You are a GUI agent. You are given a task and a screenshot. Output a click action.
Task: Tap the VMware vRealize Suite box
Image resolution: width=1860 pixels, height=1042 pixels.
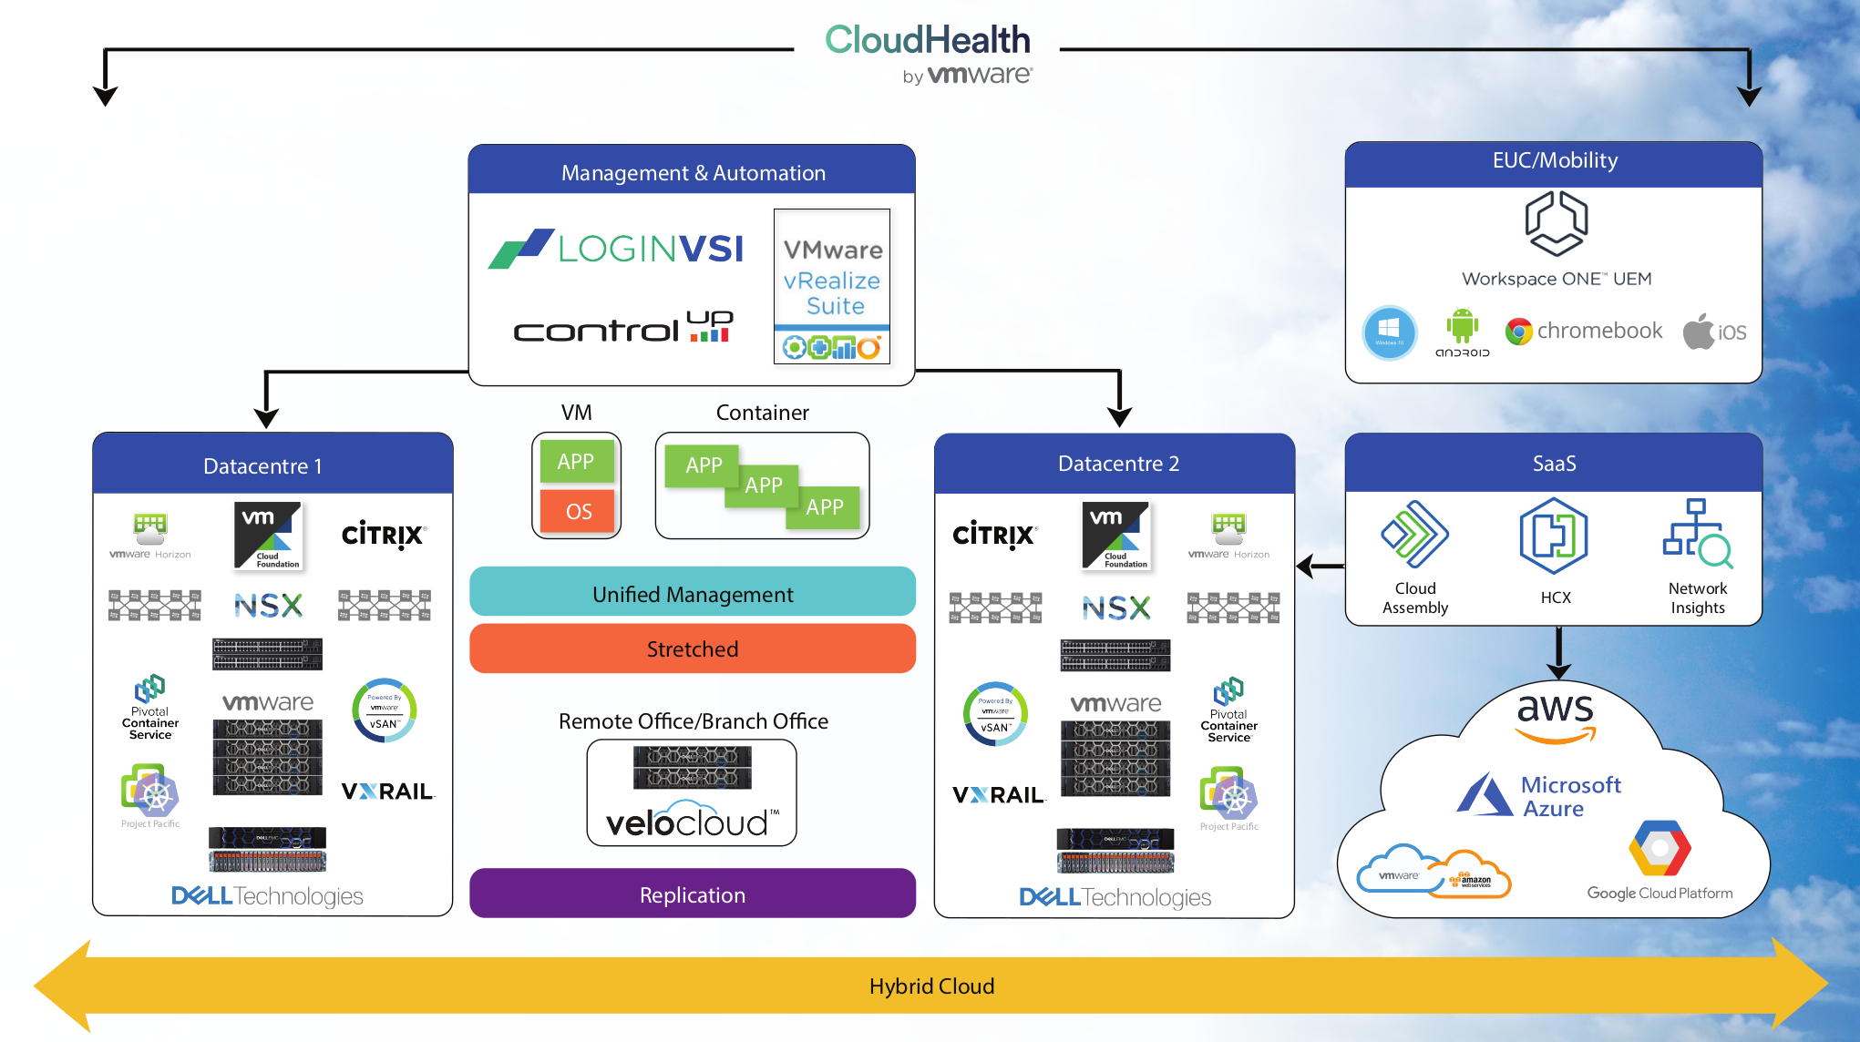[x=832, y=285]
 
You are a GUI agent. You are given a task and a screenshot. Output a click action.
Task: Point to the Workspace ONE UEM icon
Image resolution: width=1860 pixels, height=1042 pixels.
[x=1556, y=224]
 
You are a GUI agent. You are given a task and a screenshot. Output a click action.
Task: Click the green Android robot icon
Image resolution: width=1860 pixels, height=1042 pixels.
[x=1462, y=326]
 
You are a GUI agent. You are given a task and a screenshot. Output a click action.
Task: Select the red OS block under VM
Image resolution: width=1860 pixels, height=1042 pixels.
[x=577, y=511]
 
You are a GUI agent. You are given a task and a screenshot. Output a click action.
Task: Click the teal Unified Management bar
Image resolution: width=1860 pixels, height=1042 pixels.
[x=693, y=594]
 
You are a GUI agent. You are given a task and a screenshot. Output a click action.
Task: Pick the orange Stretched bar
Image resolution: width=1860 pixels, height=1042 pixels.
[x=693, y=649]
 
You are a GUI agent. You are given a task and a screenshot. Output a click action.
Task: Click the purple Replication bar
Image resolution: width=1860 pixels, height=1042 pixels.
[x=693, y=894]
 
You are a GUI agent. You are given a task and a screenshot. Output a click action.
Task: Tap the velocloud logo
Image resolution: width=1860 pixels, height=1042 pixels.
[x=692, y=822]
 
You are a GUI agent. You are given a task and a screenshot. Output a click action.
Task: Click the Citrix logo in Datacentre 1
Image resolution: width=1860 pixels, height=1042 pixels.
[x=383, y=535]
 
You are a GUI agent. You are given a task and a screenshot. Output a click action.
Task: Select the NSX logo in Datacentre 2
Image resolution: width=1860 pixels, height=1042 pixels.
[x=1115, y=608]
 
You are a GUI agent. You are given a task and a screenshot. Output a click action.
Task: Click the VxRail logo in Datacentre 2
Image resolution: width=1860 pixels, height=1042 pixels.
[x=997, y=795]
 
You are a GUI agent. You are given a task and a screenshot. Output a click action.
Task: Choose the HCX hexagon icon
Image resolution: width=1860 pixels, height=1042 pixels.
[x=1554, y=536]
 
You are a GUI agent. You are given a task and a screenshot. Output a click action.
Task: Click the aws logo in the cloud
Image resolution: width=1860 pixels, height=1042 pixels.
[x=1556, y=713]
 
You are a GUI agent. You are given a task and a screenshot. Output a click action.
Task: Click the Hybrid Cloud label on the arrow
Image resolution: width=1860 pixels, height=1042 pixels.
[x=931, y=986]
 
